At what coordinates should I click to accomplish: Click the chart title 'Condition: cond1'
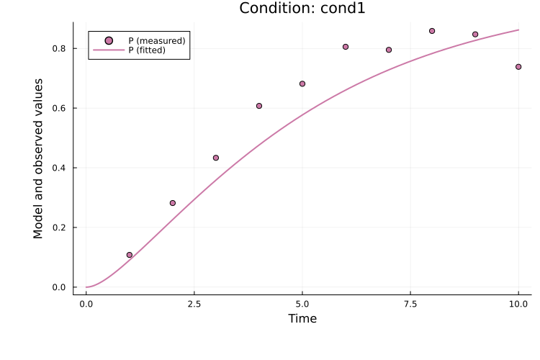click(x=302, y=9)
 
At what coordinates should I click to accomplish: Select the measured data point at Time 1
click(x=130, y=255)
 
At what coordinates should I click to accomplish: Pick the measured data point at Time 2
click(x=173, y=203)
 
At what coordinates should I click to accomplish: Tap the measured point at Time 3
click(x=216, y=158)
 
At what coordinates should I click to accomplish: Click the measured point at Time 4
click(x=259, y=106)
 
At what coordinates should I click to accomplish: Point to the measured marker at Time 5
click(x=302, y=84)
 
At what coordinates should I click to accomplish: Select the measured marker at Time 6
click(x=346, y=47)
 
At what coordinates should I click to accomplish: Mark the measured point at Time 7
click(x=389, y=50)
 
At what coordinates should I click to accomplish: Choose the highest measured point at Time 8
click(x=432, y=31)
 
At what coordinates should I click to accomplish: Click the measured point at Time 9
click(x=475, y=34)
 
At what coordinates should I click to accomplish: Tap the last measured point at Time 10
click(x=518, y=66)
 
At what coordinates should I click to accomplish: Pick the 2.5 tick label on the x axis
click(x=194, y=305)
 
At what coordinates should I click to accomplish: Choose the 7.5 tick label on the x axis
click(x=410, y=305)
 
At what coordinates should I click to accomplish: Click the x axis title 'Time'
click(x=302, y=319)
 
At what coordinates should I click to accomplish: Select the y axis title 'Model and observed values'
click(x=39, y=158)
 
